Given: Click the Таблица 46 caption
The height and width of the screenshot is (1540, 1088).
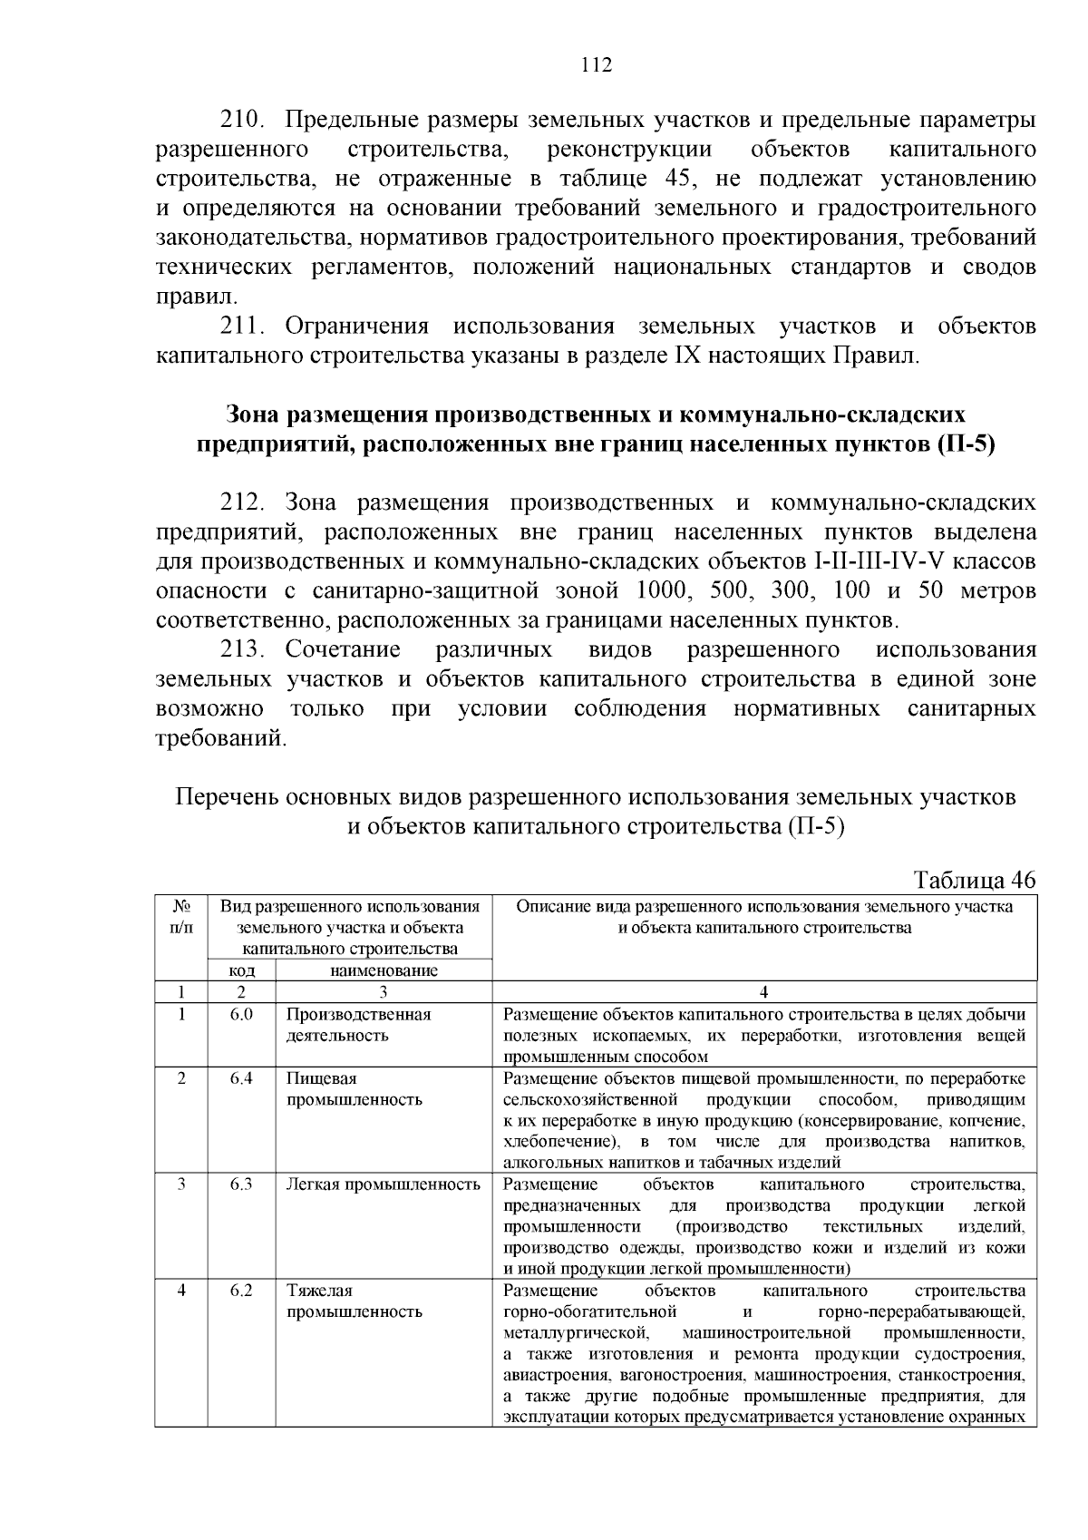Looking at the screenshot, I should click(975, 881).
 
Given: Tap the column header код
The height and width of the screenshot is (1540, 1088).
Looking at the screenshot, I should click(241, 970).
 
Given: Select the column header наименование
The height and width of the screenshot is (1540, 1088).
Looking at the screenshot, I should click(384, 970).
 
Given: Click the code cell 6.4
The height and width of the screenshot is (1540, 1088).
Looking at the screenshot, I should click(241, 1079).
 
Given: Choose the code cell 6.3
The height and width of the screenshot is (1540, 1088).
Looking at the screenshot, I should click(241, 1184).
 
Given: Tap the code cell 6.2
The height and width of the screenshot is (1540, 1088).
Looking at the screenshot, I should click(241, 1291).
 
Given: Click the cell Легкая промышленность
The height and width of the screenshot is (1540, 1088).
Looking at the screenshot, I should click(383, 1184).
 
